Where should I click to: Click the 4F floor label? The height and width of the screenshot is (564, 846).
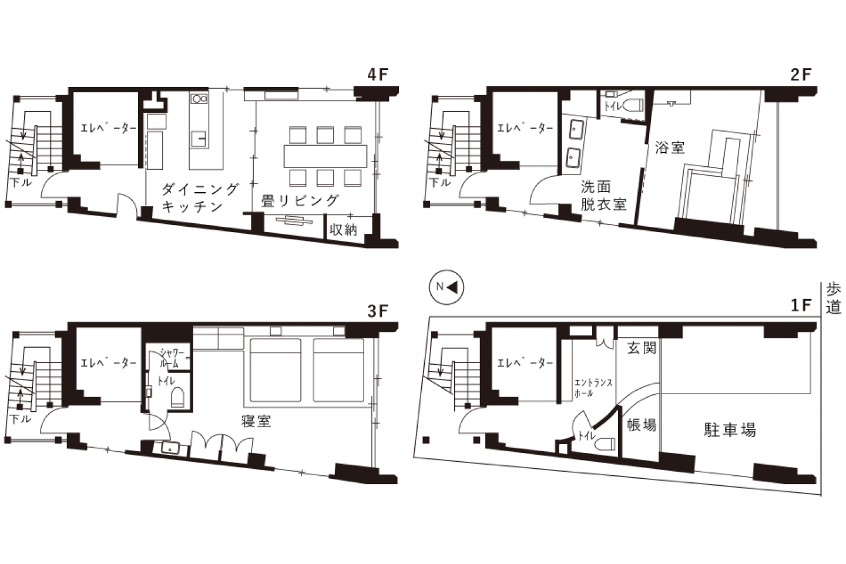tap(378, 75)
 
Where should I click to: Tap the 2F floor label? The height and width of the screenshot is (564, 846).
tap(800, 75)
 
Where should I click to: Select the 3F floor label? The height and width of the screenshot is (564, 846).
tap(378, 311)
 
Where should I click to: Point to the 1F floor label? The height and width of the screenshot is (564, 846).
tap(801, 305)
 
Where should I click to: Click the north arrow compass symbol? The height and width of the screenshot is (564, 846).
tap(446, 287)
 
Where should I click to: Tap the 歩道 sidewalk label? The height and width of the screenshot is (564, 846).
tap(833, 298)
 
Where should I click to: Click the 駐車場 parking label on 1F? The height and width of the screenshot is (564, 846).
tap(730, 430)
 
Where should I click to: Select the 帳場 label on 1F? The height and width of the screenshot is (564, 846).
tap(642, 425)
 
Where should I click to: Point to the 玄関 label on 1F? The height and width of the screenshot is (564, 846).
tap(642, 348)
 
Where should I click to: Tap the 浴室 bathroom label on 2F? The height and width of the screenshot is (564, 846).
tap(670, 147)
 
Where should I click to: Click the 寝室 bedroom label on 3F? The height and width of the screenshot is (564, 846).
tap(256, 421)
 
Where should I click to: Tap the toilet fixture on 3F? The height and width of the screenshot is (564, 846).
tap(177, 397)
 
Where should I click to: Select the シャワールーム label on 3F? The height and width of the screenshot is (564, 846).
tap(172, 358)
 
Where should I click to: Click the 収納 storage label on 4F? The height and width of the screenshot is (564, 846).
tap(343, 229)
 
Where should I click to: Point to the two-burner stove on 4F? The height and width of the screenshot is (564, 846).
tap(199, 99)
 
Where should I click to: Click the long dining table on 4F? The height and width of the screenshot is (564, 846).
tap(325, 156)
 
